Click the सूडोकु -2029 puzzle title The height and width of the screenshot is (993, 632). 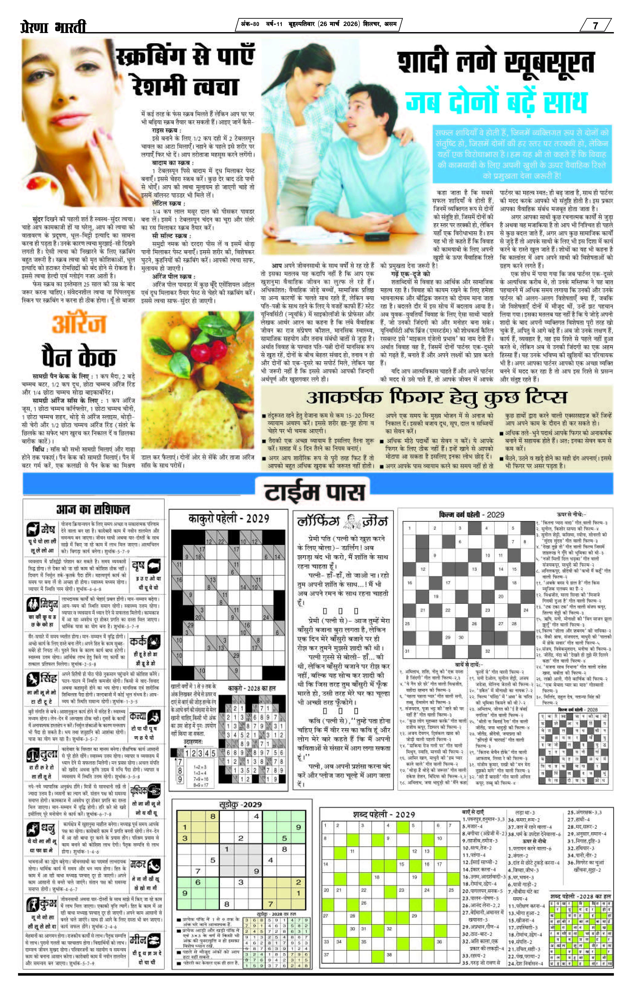coord(240,805)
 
